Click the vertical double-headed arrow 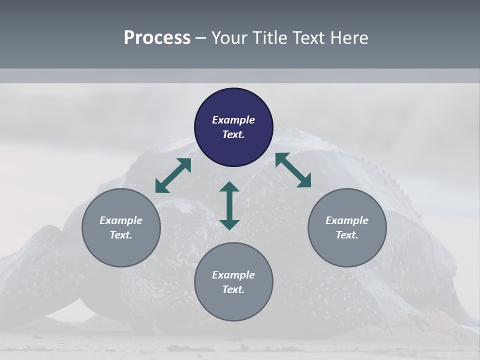click(229, 205)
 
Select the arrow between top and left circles click(173, 175)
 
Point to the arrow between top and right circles click(293, 170)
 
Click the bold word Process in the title click(157, 37)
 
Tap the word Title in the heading click(269, 37)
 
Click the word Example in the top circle click(233, 120)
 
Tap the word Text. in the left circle click(121, 235)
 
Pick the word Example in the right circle click(347, 220)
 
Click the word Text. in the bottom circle click(233, 289)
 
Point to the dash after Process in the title click(201, 38)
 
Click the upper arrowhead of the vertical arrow click(229, 187)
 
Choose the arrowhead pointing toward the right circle click(304, 181)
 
